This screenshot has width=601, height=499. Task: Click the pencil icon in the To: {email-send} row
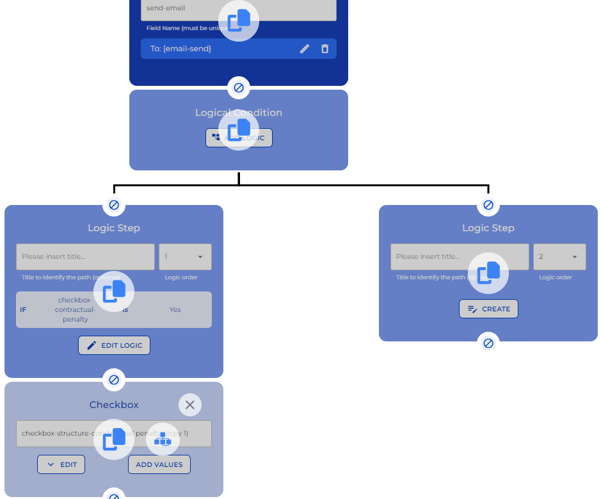pos(305,49)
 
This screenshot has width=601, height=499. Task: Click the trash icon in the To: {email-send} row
pos(325,49)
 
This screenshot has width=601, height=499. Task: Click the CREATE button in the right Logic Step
pos(488,309)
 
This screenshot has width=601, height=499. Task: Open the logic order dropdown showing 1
pos(185,257)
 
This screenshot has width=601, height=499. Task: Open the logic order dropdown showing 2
pos(559,257)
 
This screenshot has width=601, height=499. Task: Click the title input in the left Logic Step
pos(85,257)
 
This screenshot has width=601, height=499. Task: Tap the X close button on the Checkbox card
pos(189,405)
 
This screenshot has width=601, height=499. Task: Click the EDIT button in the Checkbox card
pos(61,465)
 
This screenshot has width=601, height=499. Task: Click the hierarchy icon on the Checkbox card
pos(163,439)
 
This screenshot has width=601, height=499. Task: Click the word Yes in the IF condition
pos(175,310)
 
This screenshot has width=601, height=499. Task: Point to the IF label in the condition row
pos(23,310)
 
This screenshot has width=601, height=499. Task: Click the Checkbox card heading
pos(114,405)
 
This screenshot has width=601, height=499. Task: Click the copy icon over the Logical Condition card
pos(239,130)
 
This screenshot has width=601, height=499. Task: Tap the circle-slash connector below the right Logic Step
pos(488,343)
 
